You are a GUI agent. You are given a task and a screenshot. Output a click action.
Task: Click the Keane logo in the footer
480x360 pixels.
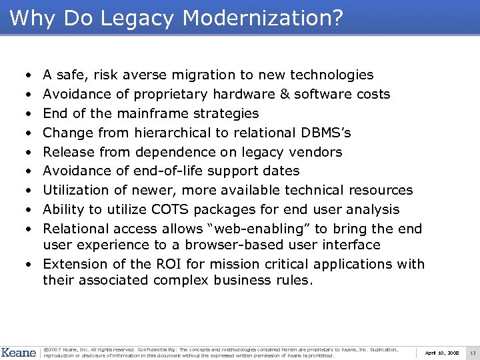18,352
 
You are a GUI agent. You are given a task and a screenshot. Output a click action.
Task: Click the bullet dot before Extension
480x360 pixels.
31,264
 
